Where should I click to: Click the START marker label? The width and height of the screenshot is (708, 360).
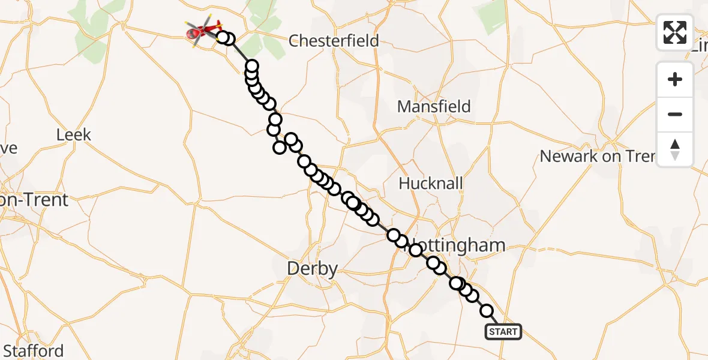[x=503, y=332]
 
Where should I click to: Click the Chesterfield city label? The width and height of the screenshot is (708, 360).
[x=334, y=41]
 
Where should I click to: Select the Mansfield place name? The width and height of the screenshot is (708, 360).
[x=434, y=107]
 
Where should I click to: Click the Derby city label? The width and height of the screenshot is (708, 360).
[x=312, y=268]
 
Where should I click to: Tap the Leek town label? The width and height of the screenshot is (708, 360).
[x=74, y=134]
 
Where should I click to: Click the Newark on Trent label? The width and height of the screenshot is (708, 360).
[x=598, y=157]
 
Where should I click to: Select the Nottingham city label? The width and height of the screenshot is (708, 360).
[x=459, y=245]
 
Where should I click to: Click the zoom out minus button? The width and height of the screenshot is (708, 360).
[x=675, y=115]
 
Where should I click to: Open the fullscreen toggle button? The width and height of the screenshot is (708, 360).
[x=675, y=32]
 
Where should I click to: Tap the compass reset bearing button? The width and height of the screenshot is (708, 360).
[x=675, y=149]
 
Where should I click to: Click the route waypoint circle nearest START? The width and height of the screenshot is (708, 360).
[x=487, y=311]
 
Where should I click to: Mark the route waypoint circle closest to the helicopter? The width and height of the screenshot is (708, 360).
[x=222, y=38]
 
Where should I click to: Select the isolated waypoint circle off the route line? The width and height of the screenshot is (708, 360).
[x=280, y=148]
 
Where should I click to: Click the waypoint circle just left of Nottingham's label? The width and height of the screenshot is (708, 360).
[x=415, y=250]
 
